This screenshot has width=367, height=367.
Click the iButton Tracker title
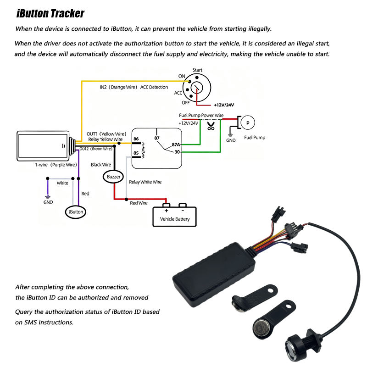(x=50, y=13)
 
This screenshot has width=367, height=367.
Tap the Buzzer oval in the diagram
(x=113, y=177)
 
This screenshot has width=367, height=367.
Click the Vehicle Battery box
(x=174, y=216)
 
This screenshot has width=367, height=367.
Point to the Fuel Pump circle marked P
(x=248, y=122)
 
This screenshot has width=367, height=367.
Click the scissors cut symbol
(x=211, y=126)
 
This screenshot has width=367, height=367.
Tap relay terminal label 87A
(x=176, y=145)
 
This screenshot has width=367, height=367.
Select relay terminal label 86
(x=136, y=139)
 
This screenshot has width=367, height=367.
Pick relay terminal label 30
(x=177, y=152)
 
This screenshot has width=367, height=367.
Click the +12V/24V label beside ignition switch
(x=225, y=105)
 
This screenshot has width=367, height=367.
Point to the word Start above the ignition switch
(x=198, y=70)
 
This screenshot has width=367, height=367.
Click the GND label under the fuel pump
(x=231, y=140)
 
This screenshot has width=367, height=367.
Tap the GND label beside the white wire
(x=48, y=202)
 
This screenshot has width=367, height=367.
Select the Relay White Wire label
(x=145, y=182)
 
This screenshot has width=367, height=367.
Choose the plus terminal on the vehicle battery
(x=166, y=211)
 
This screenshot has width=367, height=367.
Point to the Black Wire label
(x=101, y=164)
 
